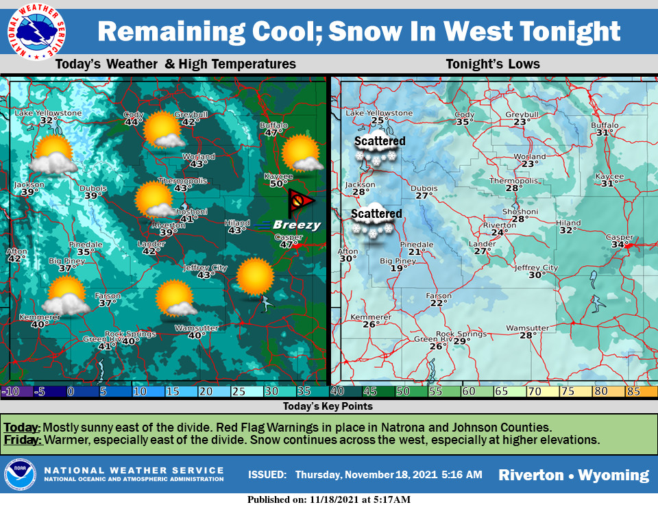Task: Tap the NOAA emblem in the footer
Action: (21, 475)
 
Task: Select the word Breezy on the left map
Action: (296, 225)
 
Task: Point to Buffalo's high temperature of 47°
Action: (273, 133)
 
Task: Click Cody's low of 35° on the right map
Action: (465, 123)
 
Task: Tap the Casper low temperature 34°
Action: (620, 245)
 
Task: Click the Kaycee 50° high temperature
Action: (278, 184)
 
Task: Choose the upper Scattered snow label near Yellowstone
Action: (380, 142)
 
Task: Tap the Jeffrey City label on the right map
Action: (537, 267)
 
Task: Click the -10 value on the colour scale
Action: (10, 391)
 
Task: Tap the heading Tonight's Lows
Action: (493, 64)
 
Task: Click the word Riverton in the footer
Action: (531, 475)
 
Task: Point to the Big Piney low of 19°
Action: (395, 269)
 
